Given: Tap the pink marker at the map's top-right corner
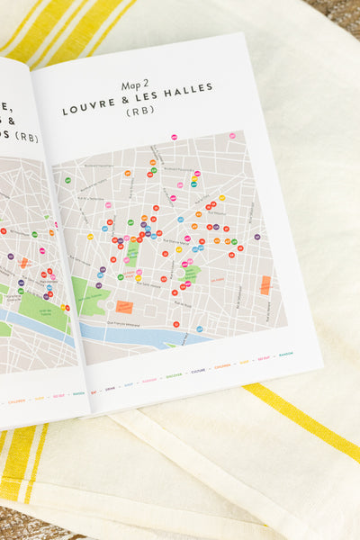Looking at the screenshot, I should click(231, 135).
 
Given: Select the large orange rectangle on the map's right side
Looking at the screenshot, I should click(265, 284).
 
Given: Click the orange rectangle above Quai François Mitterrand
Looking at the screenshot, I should click(124, 307).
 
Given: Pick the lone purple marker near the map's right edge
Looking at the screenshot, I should click(256, 237).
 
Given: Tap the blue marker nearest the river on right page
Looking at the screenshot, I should click(200, 328).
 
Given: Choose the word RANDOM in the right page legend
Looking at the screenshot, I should click(285, 354).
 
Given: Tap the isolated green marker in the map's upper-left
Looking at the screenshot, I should click(67, 180).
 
